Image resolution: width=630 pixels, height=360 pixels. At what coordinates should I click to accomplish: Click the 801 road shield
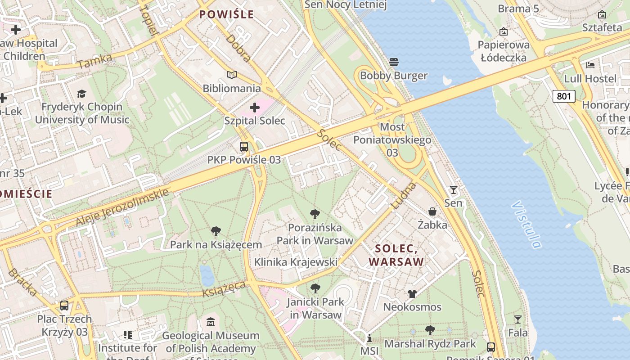coord(564,96)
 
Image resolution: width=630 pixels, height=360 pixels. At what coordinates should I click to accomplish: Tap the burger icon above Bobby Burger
coord(394,62)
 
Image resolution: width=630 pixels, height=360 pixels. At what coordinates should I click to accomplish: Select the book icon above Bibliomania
coord(232,75)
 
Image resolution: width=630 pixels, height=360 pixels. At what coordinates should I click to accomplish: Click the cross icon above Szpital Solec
coord(255,108)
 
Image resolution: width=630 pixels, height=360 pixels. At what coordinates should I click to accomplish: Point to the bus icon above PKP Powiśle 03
coord(244,146)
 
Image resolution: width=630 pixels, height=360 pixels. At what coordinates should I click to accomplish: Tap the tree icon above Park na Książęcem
coord(216,231)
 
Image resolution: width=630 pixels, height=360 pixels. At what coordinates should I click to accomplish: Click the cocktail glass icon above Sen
coord(454,190)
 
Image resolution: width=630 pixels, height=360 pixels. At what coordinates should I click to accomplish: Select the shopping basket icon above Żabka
coord(432,211)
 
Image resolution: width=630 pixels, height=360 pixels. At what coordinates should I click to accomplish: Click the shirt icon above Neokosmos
coord(412,294)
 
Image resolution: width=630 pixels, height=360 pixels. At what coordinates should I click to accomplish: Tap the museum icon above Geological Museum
coord(211,322)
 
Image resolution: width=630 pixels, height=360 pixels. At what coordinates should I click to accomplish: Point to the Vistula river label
coord(526,225)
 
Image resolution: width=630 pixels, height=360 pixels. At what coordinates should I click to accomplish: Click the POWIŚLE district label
coord(227,14)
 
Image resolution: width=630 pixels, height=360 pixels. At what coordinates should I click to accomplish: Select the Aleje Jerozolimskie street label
coord(122,207)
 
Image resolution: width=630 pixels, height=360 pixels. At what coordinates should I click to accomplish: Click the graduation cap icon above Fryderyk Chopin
coord(81,94)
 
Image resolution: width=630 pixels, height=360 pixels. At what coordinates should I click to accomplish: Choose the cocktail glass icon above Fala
coord(518,319)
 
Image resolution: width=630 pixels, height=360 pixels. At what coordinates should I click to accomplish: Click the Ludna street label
coord(404,195)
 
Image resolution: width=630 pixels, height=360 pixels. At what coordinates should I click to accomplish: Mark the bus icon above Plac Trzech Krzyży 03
coord(64,306)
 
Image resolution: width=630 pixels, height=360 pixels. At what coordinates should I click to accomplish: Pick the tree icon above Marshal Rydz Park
coord(430,330)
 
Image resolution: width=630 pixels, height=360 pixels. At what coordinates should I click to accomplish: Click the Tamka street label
coord(94,61)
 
